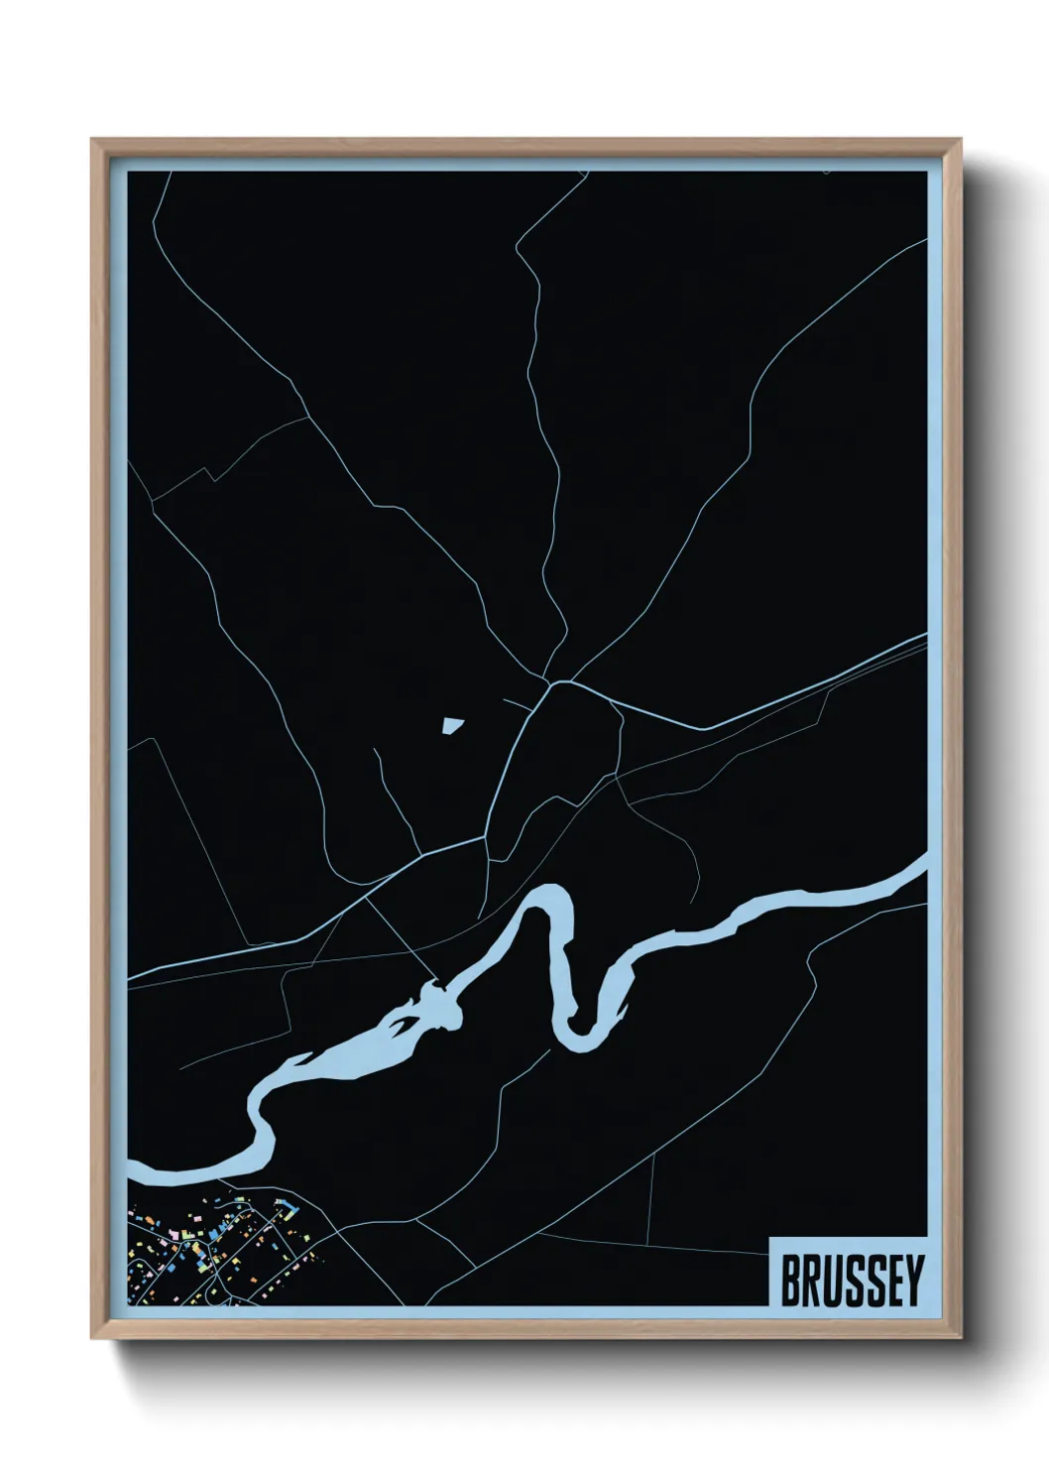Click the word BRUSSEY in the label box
click(852, 1281)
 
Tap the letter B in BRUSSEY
click(791, 1281)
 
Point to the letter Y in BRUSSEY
click(913, 1281)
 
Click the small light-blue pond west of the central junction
click(452, 727)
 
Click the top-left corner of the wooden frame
click(92, 140)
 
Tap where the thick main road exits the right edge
click(924, 639)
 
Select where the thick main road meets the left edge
click(129, 976)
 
